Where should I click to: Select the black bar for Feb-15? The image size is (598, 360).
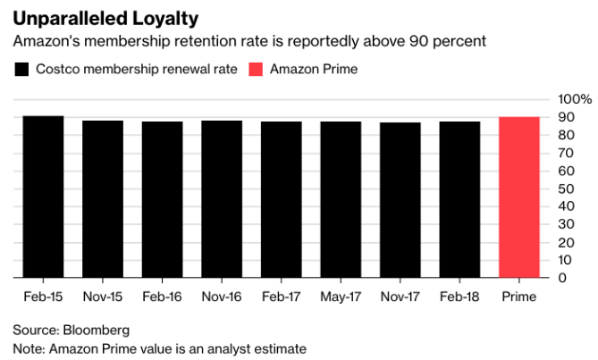[x=43, y=197]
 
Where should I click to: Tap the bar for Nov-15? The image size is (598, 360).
[x=103, y=198]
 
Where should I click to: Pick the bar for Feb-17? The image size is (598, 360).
[x=281, y=199]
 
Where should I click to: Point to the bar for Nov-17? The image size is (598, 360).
[x=400, y=199]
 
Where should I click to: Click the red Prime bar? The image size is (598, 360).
[x=519, y=197]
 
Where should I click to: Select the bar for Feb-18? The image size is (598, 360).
[x=459, y=199]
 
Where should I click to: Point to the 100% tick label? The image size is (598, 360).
[x=575, y=98]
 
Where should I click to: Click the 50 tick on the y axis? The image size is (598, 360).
[x=565, y=188]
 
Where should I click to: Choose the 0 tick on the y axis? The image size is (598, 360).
[x=561, y=278]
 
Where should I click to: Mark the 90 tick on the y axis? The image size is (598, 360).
[x=565, y=117]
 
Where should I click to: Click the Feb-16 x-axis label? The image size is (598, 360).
[x=162, y=296]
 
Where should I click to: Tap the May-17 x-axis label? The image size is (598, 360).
[x=341, y=296]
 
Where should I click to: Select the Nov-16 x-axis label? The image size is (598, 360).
[x=222, y=296]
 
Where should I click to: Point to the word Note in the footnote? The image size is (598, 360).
[x=28, y=347]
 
